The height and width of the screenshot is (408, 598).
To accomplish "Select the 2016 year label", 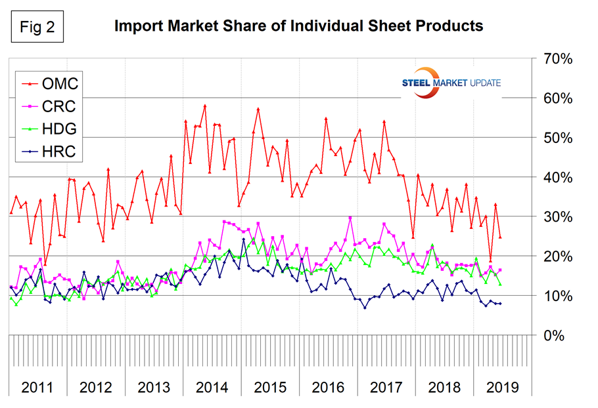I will pos(328,387).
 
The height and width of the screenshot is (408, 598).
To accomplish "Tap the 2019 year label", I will pos(502,387).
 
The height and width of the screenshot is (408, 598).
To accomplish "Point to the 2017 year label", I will pos(386,387).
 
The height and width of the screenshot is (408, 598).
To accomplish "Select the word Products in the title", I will pos(451,26).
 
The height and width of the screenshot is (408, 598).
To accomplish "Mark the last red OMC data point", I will pos(501,237).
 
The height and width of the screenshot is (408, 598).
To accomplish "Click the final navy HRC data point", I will pos(501,303).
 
